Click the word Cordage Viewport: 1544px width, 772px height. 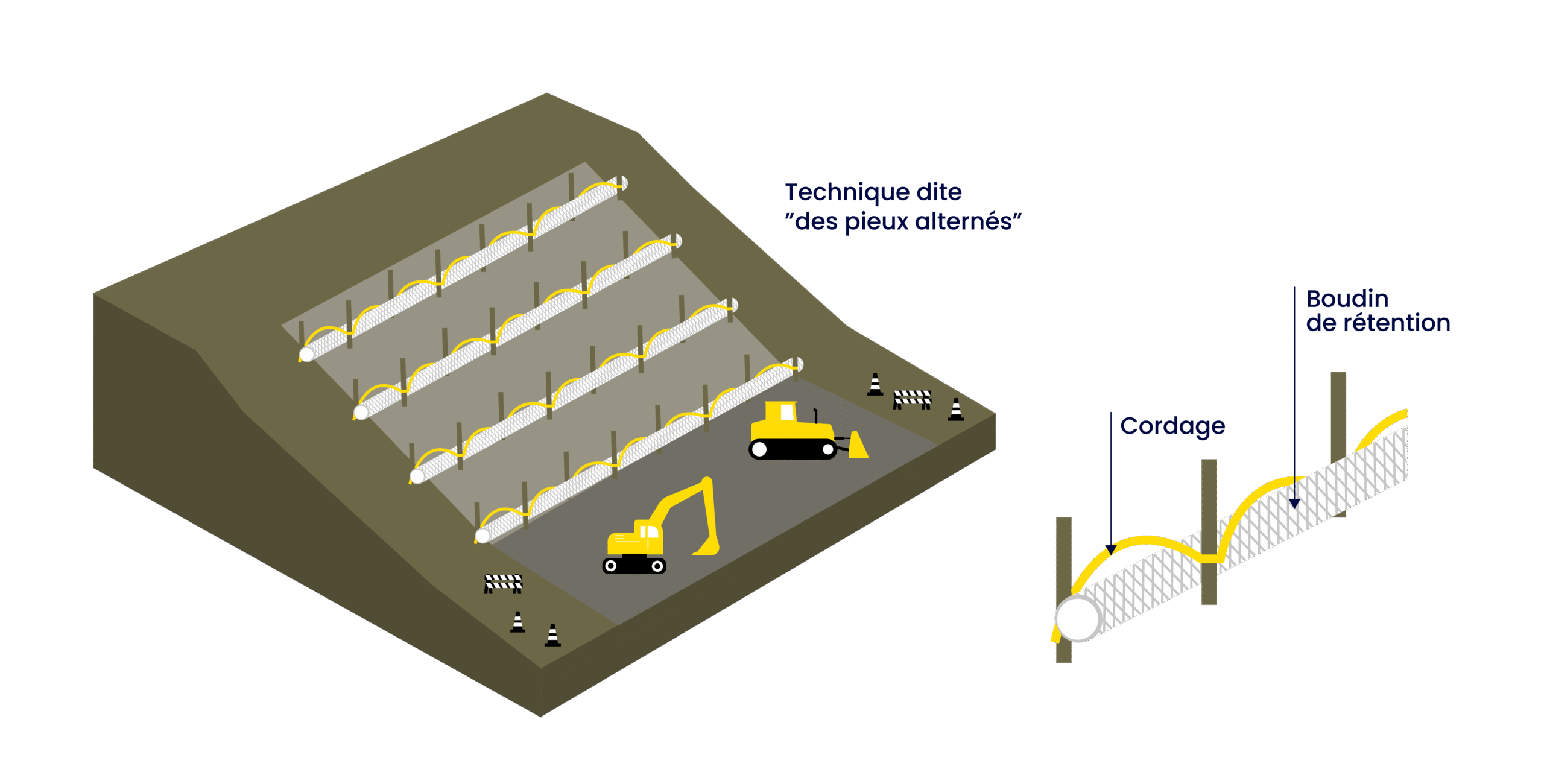pyautogui.click(x=1172, y=426)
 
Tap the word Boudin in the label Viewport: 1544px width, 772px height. pyautogui.click(x=1347, y=299)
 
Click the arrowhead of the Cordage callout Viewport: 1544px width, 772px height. pyautogui.click(x=1110, y=549)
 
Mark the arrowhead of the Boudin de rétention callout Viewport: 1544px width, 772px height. pyautogui.click(x=1294, y=504)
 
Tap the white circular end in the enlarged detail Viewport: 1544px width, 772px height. pyautogui.click(x=1077, y=618)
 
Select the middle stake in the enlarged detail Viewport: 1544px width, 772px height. pyautogui.click(x=1209, y=531)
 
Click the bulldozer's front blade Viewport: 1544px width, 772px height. pyautogui.click(x=857, y=445)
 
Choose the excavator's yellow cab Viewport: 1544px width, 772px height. pyautogui.click(x=648, y=536)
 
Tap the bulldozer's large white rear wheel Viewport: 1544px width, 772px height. pyautogui.click(x=760, y=449)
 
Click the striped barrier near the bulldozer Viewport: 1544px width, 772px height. pyautogui.click(x=912, y=398)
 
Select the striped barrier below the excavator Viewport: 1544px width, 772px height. pyautogui.click(x=503, y=583)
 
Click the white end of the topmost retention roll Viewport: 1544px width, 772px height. pyautogui.click(x=307, y=354)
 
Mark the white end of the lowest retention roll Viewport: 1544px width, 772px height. pyautogui.click(x=482, y=536)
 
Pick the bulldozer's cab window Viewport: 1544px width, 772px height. pyautogui.click(x=787, y=412)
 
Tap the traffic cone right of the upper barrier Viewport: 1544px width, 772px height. pyautogui.click(x=956, y=410)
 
